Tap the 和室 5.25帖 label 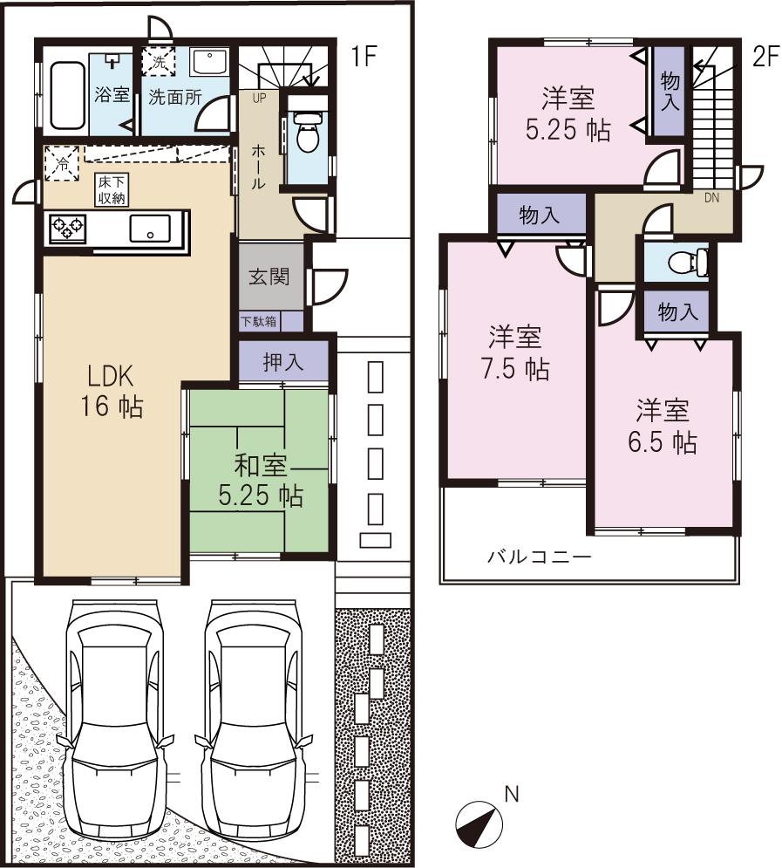pos(260,481)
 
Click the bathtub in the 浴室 pos(65,94)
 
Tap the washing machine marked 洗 pos(158,61)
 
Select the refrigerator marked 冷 pos(62,163)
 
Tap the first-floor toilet pos(306,135)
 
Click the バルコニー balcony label pos(539,556)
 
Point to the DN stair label pos(712,197)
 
